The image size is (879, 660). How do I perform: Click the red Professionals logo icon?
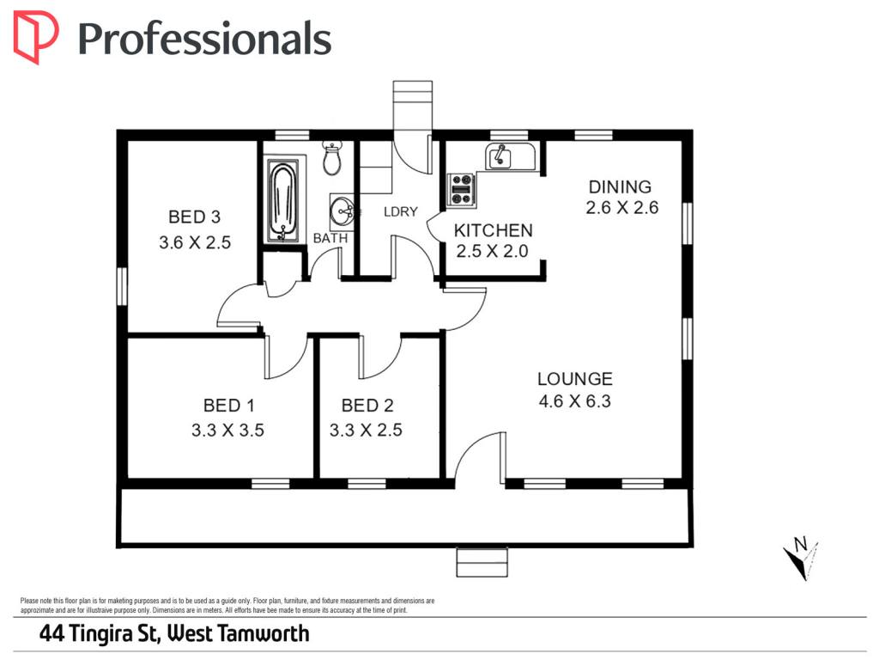click(35, 37)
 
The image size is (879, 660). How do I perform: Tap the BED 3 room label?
click(195, 217)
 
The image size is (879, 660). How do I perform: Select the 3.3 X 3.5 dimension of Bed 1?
click(227, 430)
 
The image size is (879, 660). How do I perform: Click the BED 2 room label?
click(367, 405)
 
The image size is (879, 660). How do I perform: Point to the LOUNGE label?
click(574, 379)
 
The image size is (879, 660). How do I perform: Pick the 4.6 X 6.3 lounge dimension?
click(574, 401)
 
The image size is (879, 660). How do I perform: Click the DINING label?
click(620, 186)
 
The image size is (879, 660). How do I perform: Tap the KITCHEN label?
click(494, 230)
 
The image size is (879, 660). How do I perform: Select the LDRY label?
click(401, 211)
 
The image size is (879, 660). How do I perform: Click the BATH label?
click(330, 238)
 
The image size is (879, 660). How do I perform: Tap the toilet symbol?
click(332, 158)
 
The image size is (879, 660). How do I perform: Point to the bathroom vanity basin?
click(342, 211)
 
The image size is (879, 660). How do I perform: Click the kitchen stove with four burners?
click(461, 190)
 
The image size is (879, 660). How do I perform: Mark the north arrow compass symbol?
click(801, 559)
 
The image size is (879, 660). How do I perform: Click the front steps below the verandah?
click(482, 562)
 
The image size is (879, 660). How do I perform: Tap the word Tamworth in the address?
click(264, 633)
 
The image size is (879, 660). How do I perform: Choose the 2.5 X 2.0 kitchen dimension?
click(492, 251)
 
